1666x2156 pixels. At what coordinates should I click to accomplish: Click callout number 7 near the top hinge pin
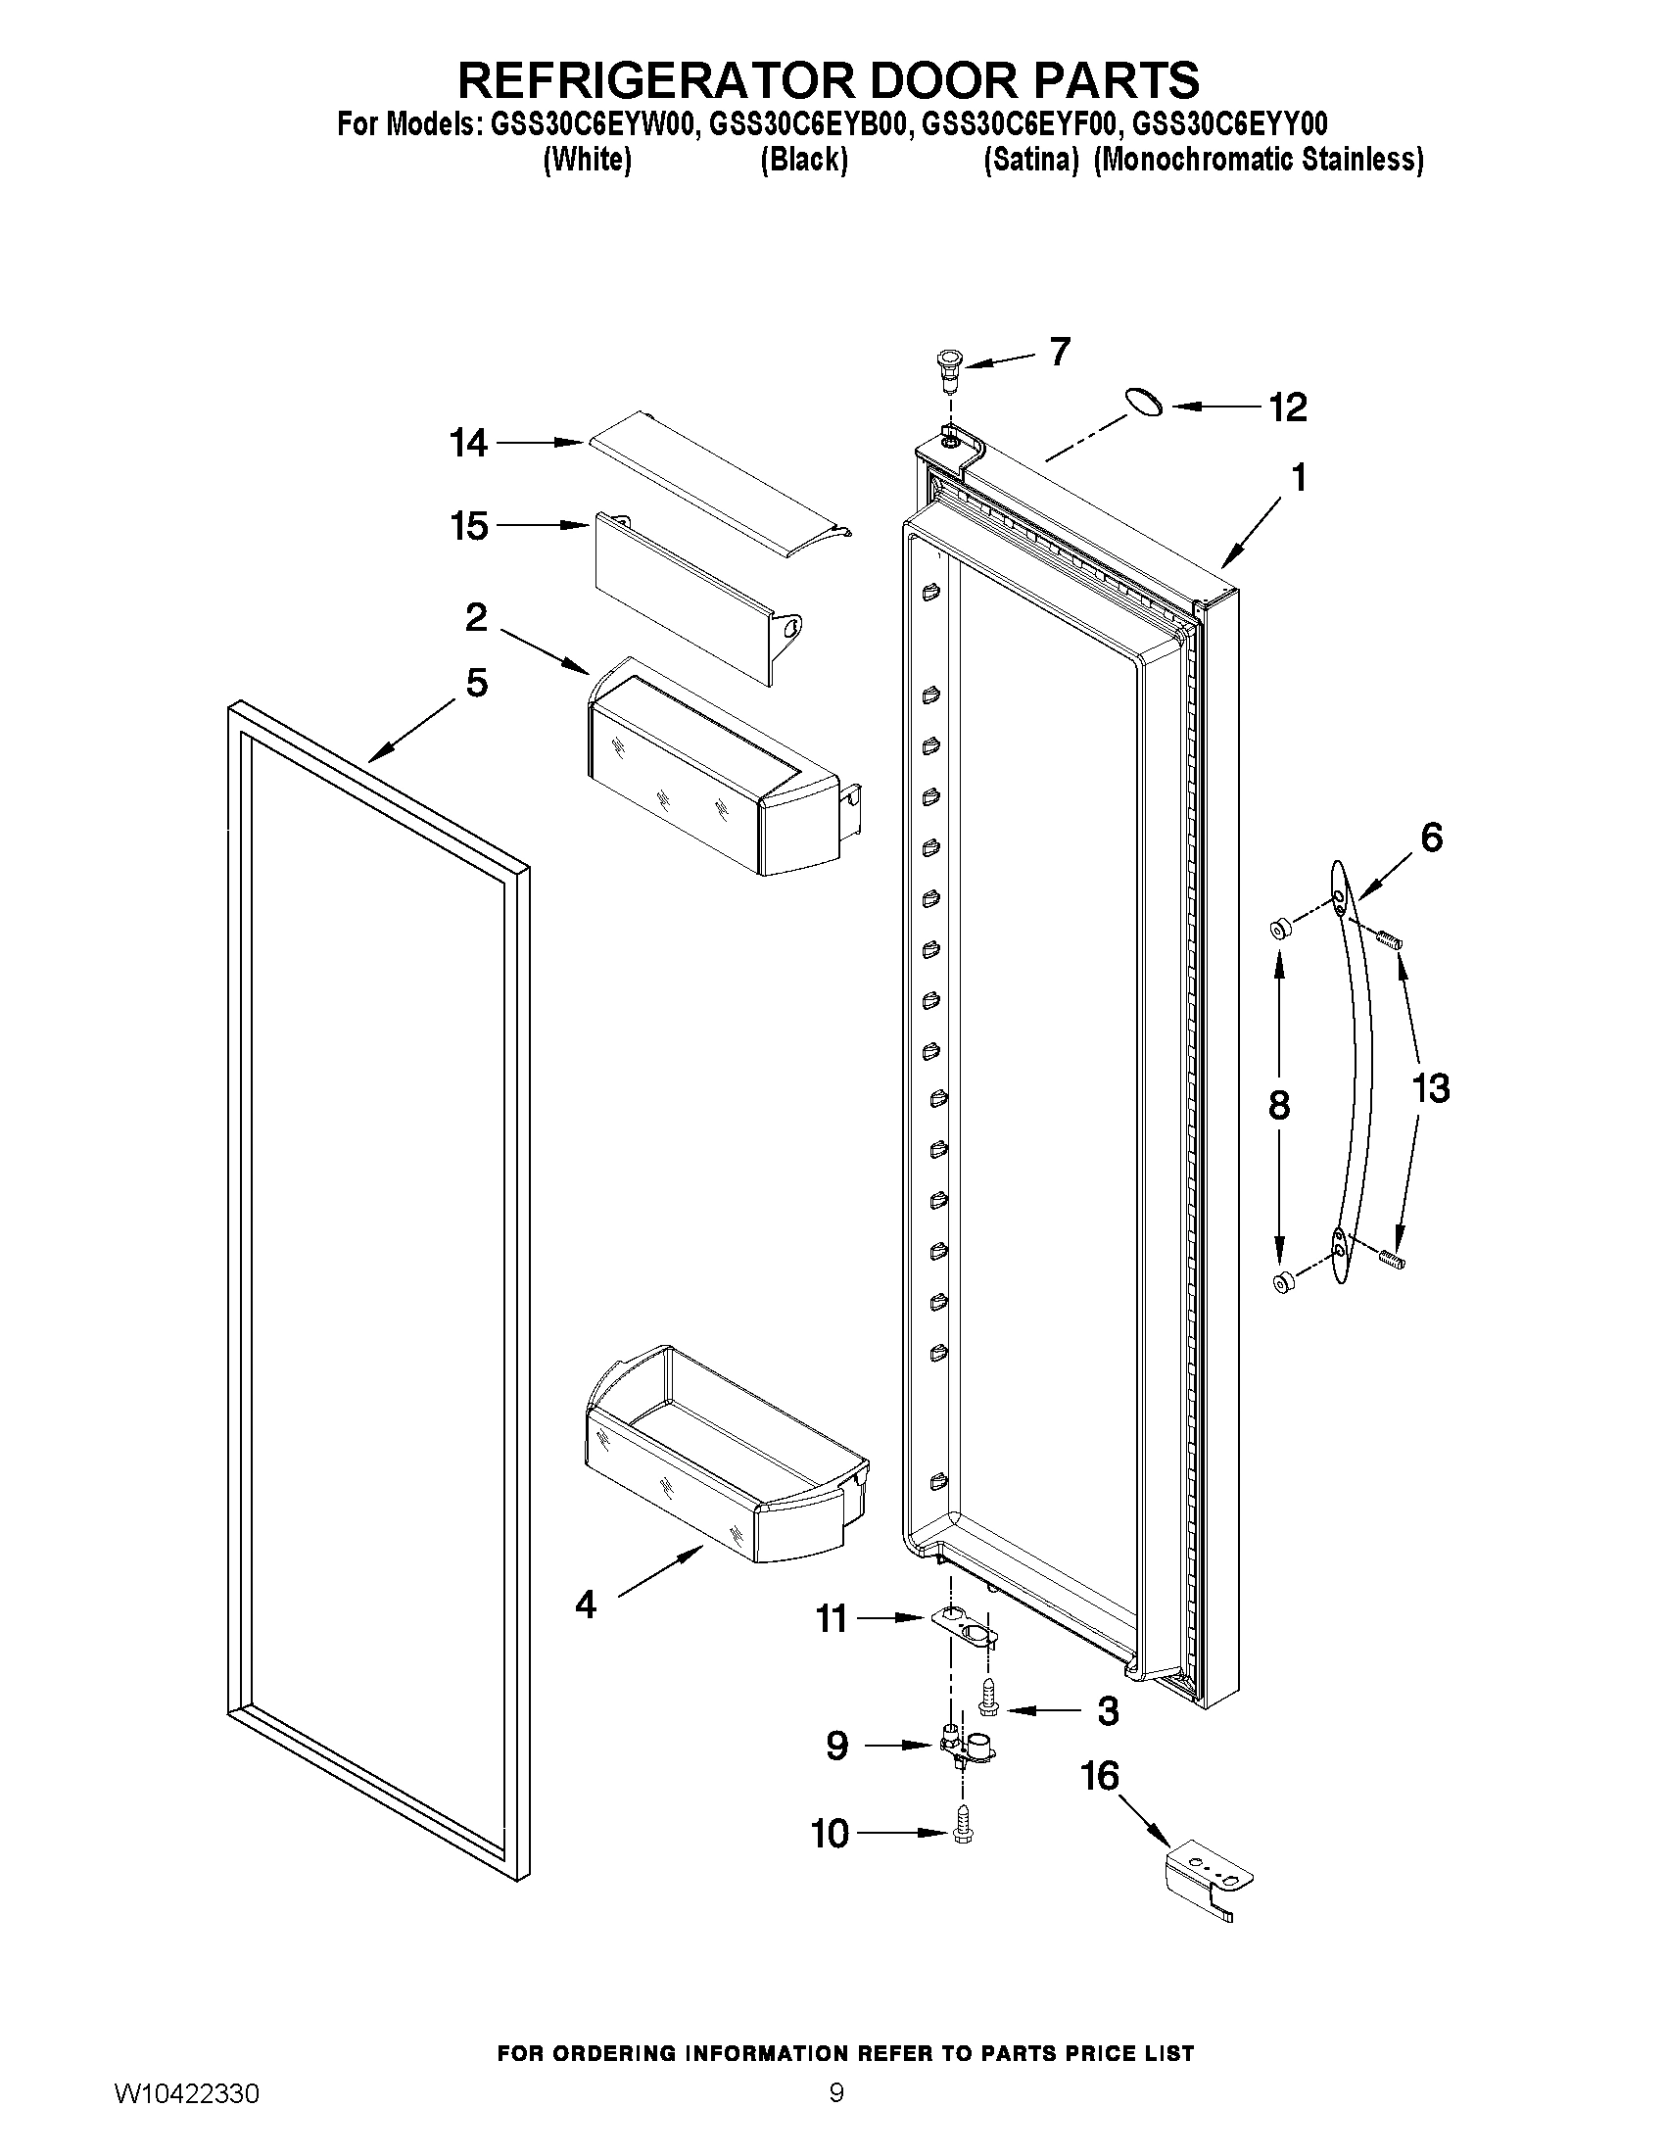[x=1059, y=352]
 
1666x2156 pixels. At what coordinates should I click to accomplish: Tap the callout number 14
[x=469, y=443]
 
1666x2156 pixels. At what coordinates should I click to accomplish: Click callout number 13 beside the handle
[x=1430, y=1089]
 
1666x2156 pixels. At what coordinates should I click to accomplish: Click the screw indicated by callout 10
[x=963, y=1832]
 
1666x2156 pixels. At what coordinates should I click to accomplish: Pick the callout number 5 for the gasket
[x=477, y=683]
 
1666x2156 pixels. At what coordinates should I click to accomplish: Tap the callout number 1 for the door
[x=1299, y=479]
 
